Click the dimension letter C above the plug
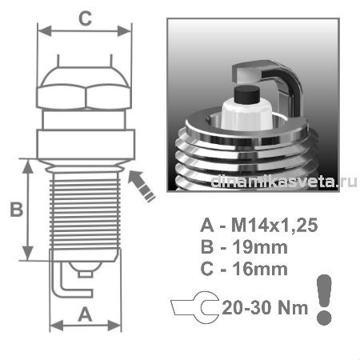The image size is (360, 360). (86, 18)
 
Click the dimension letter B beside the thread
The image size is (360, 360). (17, 210)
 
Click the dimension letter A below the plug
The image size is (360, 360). (85, 314)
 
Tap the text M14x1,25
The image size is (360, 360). (274, 226)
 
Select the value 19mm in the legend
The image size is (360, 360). (260, 247)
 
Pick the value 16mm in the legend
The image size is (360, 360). (260, 269)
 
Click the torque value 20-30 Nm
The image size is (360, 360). (265, 307)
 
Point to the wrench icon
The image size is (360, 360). (195, 307)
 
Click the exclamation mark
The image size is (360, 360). (324, 299)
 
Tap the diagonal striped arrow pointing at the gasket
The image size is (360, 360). (142, 186)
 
